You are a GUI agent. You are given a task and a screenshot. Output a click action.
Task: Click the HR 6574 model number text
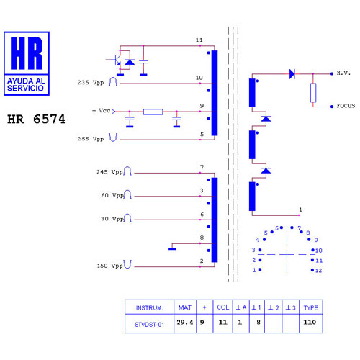click(36, 119)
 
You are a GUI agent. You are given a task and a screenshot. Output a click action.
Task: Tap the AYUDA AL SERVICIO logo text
click(26, 84)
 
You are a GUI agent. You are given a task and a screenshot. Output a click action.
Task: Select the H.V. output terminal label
click(343, 73)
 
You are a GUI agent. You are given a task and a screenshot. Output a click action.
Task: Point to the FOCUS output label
click(346, 106)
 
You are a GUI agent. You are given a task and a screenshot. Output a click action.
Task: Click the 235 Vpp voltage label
click(91, 83)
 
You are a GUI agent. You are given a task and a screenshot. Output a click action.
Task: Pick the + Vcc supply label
click(102, 111)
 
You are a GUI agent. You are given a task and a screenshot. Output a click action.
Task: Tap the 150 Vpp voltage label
click(109, 266)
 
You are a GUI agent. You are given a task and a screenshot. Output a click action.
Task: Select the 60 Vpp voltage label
click(112, 195)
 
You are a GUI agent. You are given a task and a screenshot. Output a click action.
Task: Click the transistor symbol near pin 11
click(116, 60)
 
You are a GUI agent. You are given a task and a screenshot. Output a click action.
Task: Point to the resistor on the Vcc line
click(153, 112)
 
